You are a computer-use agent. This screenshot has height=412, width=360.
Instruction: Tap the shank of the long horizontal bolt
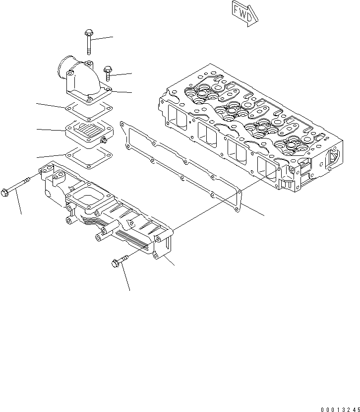(23, 184)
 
